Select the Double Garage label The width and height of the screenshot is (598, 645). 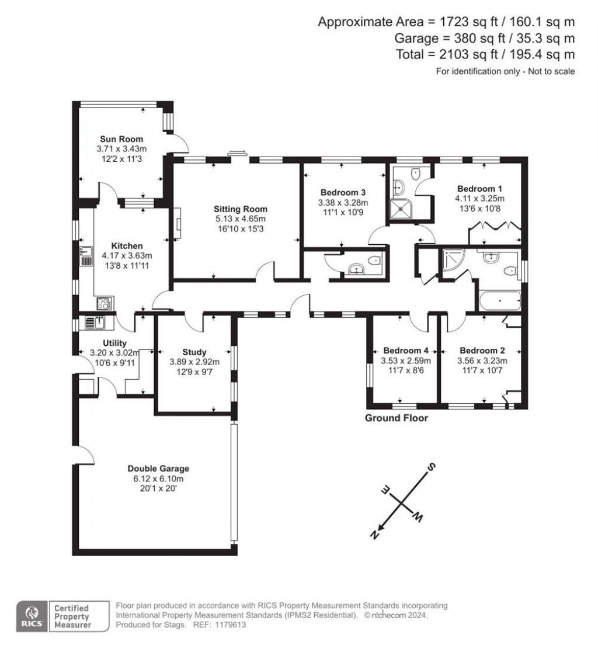(158, 469)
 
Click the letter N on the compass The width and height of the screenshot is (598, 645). (377, 533)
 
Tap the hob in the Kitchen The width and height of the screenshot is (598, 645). (104, 303)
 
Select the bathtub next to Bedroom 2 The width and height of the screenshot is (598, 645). (499, 301)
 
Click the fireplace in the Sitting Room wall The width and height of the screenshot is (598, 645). (177, 224)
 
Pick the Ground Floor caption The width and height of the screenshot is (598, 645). (396, 418)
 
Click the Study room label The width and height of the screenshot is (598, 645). (194, 352)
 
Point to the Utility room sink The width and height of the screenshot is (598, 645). (95, 322)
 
